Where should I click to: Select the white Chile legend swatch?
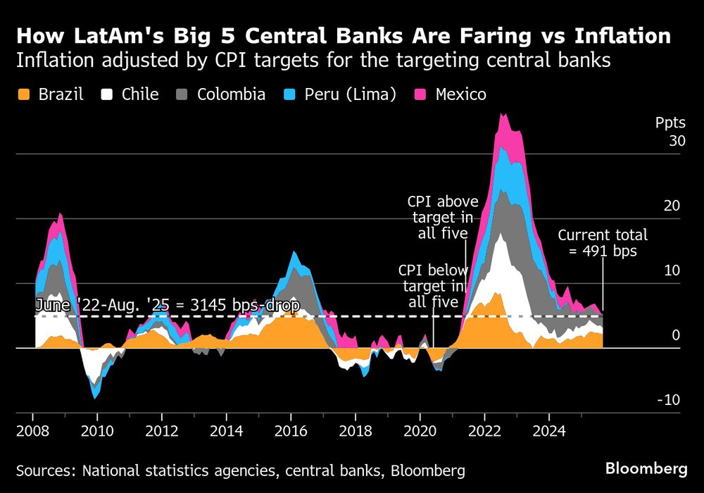(108, 94)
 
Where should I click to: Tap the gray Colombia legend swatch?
(184, 94)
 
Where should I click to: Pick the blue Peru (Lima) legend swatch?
(292, 94)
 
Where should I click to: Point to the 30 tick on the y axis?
(677, 142)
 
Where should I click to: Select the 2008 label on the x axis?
(32, 430)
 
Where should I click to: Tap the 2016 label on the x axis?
(291, 430)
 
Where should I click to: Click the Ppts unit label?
(670, 123)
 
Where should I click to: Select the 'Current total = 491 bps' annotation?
(603, 243)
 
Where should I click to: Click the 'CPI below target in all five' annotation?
(432, 286)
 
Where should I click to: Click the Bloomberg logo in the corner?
(646, 468)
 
